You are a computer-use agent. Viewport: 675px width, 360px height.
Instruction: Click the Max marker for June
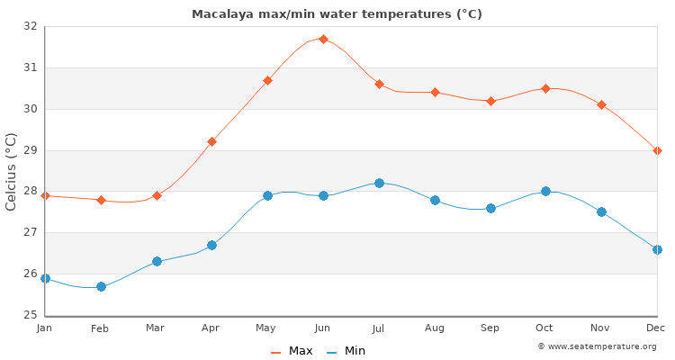pyautogui.click(x=323, y=40)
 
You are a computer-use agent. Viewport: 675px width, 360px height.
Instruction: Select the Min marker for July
pyautogui.click(x=379, y=183)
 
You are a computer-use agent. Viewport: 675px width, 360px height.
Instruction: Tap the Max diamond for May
pyautogui.click(x=267, y=81)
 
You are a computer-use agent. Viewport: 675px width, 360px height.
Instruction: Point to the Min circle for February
pyautogui.click(x=101, y=286)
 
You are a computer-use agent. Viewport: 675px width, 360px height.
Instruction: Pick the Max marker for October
pyautogui.click(x=545, y=88)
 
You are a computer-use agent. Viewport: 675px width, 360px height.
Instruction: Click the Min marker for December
pyautogui.click(x=657, y=249)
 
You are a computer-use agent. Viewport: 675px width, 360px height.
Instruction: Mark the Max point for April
pyautogui.click(x=211, y=141)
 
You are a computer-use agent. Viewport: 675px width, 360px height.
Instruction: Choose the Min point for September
pyautogui.click(x=490, y=208)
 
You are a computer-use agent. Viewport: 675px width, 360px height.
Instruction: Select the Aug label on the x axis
pyautogui.click(x=435, y=328)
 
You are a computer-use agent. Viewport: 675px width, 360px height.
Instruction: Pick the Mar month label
pyautogui.click(x=157, y=328)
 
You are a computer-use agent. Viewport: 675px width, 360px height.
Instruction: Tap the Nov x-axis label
pyautogui.click(x=601, y=328)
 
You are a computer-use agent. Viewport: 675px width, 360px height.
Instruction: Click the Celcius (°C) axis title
pyautogui.click(x=11, y=171)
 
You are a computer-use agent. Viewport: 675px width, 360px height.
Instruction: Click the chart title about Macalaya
pyautogui.click(x=337, y=14)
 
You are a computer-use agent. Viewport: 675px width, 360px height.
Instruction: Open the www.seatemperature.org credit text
pyautogui.click(x=597, y=346)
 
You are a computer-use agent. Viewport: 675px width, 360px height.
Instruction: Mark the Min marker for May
pyautogui.click(x=267, y=195)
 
